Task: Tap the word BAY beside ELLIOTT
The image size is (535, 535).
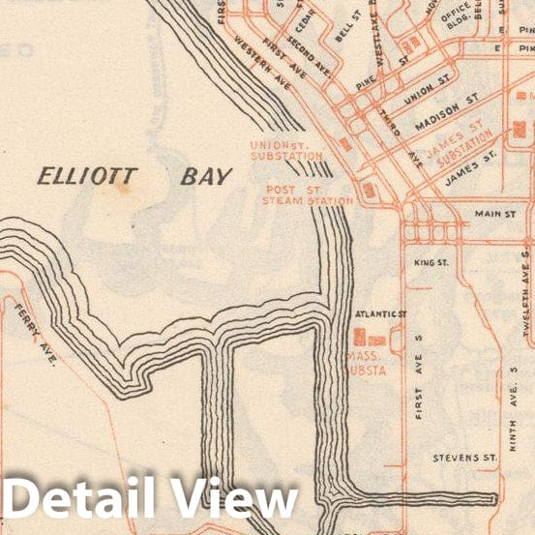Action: [206, 177]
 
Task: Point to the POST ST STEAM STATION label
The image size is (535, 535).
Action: [308, 195]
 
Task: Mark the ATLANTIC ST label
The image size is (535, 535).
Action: [381, 315]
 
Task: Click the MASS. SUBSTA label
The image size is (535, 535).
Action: [367, 363]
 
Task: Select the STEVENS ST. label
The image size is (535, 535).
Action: [465, 455]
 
